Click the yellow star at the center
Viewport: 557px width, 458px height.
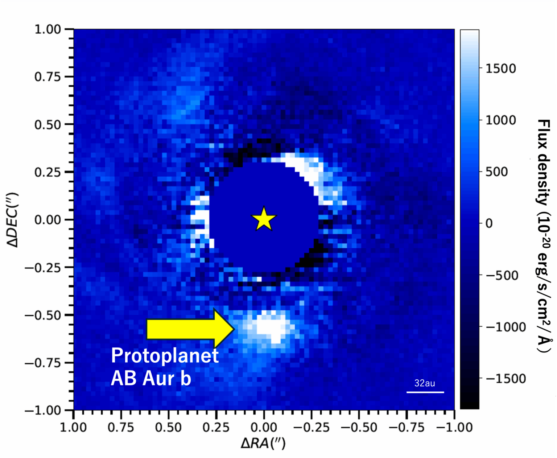click(x=264, y=219)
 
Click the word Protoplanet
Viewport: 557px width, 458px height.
click(x=165, y=355)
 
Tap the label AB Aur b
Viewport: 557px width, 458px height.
click(x=151, y=378)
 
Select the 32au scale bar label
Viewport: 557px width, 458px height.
click(x=425, y=383)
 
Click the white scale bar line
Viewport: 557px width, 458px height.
click(x=425, y=392)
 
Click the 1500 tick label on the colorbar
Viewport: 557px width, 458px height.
click(x=500, y=68)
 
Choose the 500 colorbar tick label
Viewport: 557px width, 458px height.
click(x=496, y=172)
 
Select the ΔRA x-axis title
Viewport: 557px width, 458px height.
click(x=263, y=443)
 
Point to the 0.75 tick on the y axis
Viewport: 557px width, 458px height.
click(x=48, y=77)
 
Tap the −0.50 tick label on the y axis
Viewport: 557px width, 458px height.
click(x=42, y=315)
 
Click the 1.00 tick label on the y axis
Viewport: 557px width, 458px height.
click(x=48, y=29)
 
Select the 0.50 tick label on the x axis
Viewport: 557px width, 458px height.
click(x=168, y=428)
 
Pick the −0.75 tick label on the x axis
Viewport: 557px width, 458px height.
click(x=406, y=428)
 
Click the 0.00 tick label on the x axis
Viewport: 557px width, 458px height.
click(x=264, y=428)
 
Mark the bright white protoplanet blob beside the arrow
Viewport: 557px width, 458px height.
click(x=271, y=326)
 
